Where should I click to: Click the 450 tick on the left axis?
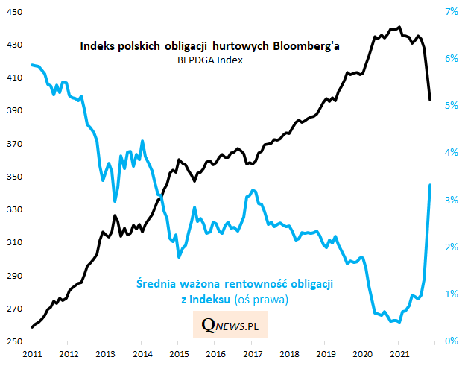[14, 12]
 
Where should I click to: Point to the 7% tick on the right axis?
[452, 12]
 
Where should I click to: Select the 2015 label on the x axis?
[178, 353]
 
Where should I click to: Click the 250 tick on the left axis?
[14, 341]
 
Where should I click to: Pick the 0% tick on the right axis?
[452, 341]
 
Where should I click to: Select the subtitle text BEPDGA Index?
[210, 61]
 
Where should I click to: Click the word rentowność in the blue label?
[251, 284]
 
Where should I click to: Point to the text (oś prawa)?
[262, 299]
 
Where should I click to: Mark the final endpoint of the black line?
[430, 100]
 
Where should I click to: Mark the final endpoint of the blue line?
[431, 185]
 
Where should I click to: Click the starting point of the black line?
[31, 327]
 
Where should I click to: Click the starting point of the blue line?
[31, 65]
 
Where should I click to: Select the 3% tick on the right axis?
[452, 201]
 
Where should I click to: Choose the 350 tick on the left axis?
[14, 177]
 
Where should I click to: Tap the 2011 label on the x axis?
[31, 353]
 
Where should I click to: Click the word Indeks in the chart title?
[98, 46]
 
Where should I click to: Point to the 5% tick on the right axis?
[452, 106]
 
